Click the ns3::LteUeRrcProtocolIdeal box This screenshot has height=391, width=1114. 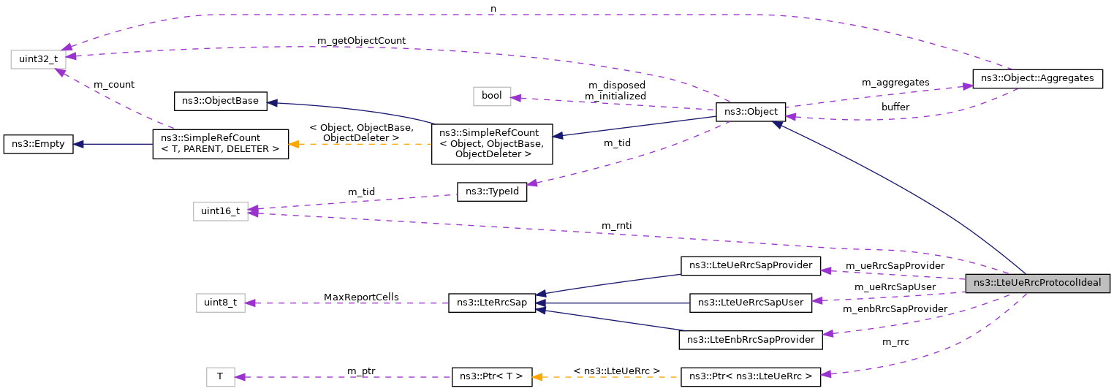1038,284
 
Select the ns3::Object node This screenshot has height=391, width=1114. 751,113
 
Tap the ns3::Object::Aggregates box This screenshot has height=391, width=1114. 1037,77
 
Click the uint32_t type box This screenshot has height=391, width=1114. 38,58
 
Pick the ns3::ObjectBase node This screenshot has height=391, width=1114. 220,101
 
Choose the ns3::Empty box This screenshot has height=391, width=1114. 38,144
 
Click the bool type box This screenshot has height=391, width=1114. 492,96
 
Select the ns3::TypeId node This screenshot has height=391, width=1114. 492,192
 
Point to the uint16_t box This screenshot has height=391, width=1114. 220,211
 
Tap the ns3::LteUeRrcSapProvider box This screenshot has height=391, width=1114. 751,265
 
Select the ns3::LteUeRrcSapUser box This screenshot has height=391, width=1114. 751,302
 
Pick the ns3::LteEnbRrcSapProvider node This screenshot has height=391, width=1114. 751,340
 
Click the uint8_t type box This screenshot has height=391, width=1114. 220,303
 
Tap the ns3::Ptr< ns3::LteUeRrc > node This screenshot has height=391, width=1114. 751,377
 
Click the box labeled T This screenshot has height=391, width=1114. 220,377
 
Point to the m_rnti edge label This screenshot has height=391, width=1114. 615,225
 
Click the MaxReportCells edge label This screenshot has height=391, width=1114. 361,297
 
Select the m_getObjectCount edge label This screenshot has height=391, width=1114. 361,40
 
